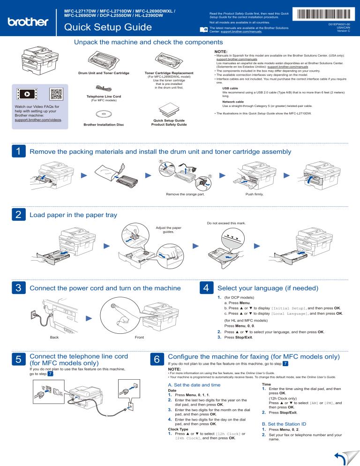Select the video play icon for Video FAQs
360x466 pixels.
[x=27, y=93]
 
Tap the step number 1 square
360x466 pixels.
[x=17, y=151]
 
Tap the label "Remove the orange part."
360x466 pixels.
[x=181, y=194]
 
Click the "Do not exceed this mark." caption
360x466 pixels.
[x=226, y=223]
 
